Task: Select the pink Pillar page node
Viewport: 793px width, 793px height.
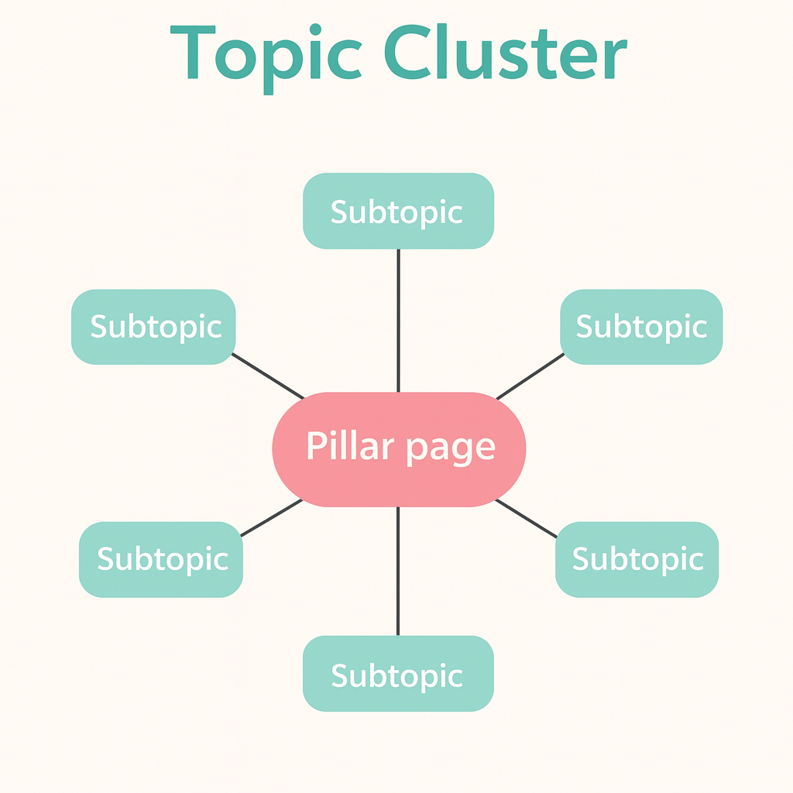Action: [x=399, y=449]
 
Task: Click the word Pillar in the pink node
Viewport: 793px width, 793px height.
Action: [x=349, y=447]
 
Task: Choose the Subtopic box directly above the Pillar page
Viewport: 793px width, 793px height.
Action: [x=398, y=211]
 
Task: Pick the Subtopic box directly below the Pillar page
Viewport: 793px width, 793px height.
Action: [x=398, y=674]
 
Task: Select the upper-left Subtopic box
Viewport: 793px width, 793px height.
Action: [x=153, y=327]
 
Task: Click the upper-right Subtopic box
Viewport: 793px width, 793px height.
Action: [x=641, y=327]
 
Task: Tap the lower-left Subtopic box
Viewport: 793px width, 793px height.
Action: [x=161, y=559]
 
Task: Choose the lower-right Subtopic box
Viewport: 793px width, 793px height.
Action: [x=637, y=559]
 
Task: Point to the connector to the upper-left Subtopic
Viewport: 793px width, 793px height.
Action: [x=268, y=376]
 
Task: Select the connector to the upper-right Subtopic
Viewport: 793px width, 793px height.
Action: [x=530, y=376]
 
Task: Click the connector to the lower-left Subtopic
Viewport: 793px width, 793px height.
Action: [x=271, y=517]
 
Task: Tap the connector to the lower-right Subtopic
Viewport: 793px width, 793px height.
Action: [x=527, y=517]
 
